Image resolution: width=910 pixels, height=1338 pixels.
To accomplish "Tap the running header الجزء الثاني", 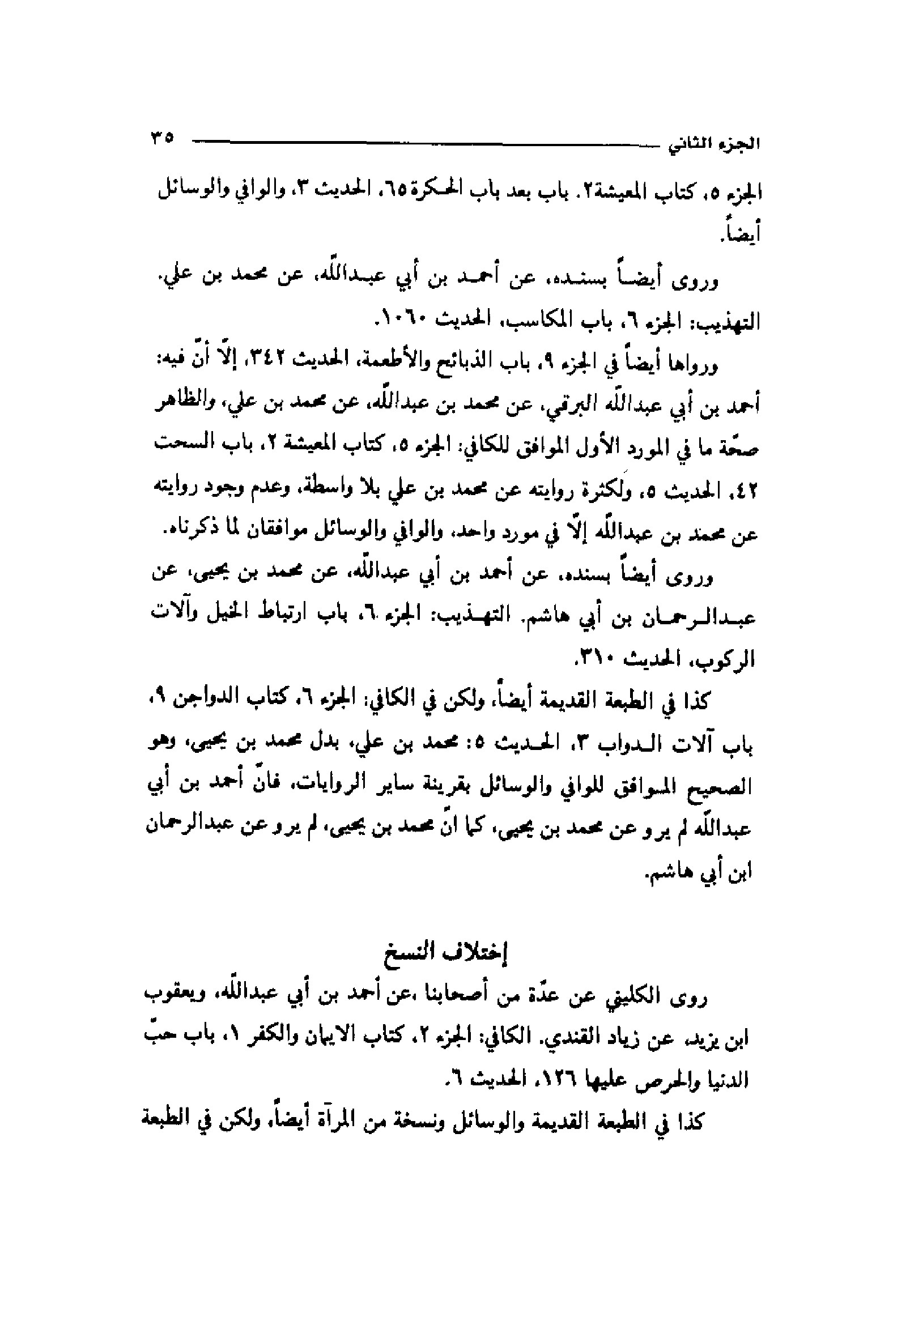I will click(714, 144).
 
